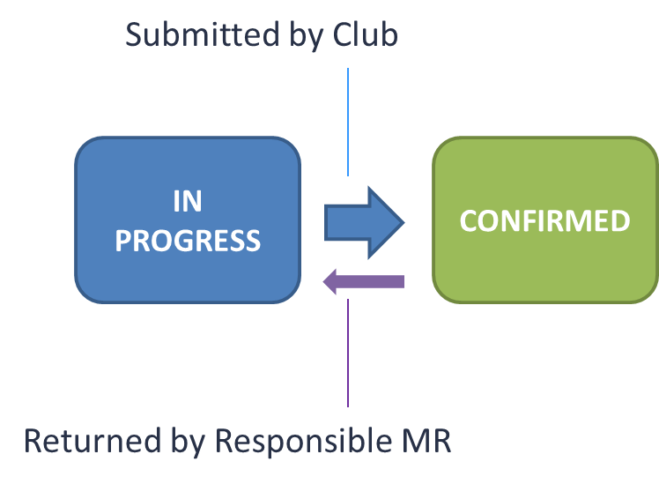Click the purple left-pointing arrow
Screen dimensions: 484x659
363,282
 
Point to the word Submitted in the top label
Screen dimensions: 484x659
199,35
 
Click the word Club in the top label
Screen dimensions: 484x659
365,35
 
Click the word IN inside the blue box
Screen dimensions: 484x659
187,202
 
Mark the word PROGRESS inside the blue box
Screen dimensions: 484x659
188,241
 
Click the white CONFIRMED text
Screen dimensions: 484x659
544,220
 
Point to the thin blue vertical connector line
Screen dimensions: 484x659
348,123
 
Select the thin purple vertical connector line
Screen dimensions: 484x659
348,353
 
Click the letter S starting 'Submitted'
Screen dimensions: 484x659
135,35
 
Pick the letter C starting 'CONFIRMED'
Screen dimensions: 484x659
469,220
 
